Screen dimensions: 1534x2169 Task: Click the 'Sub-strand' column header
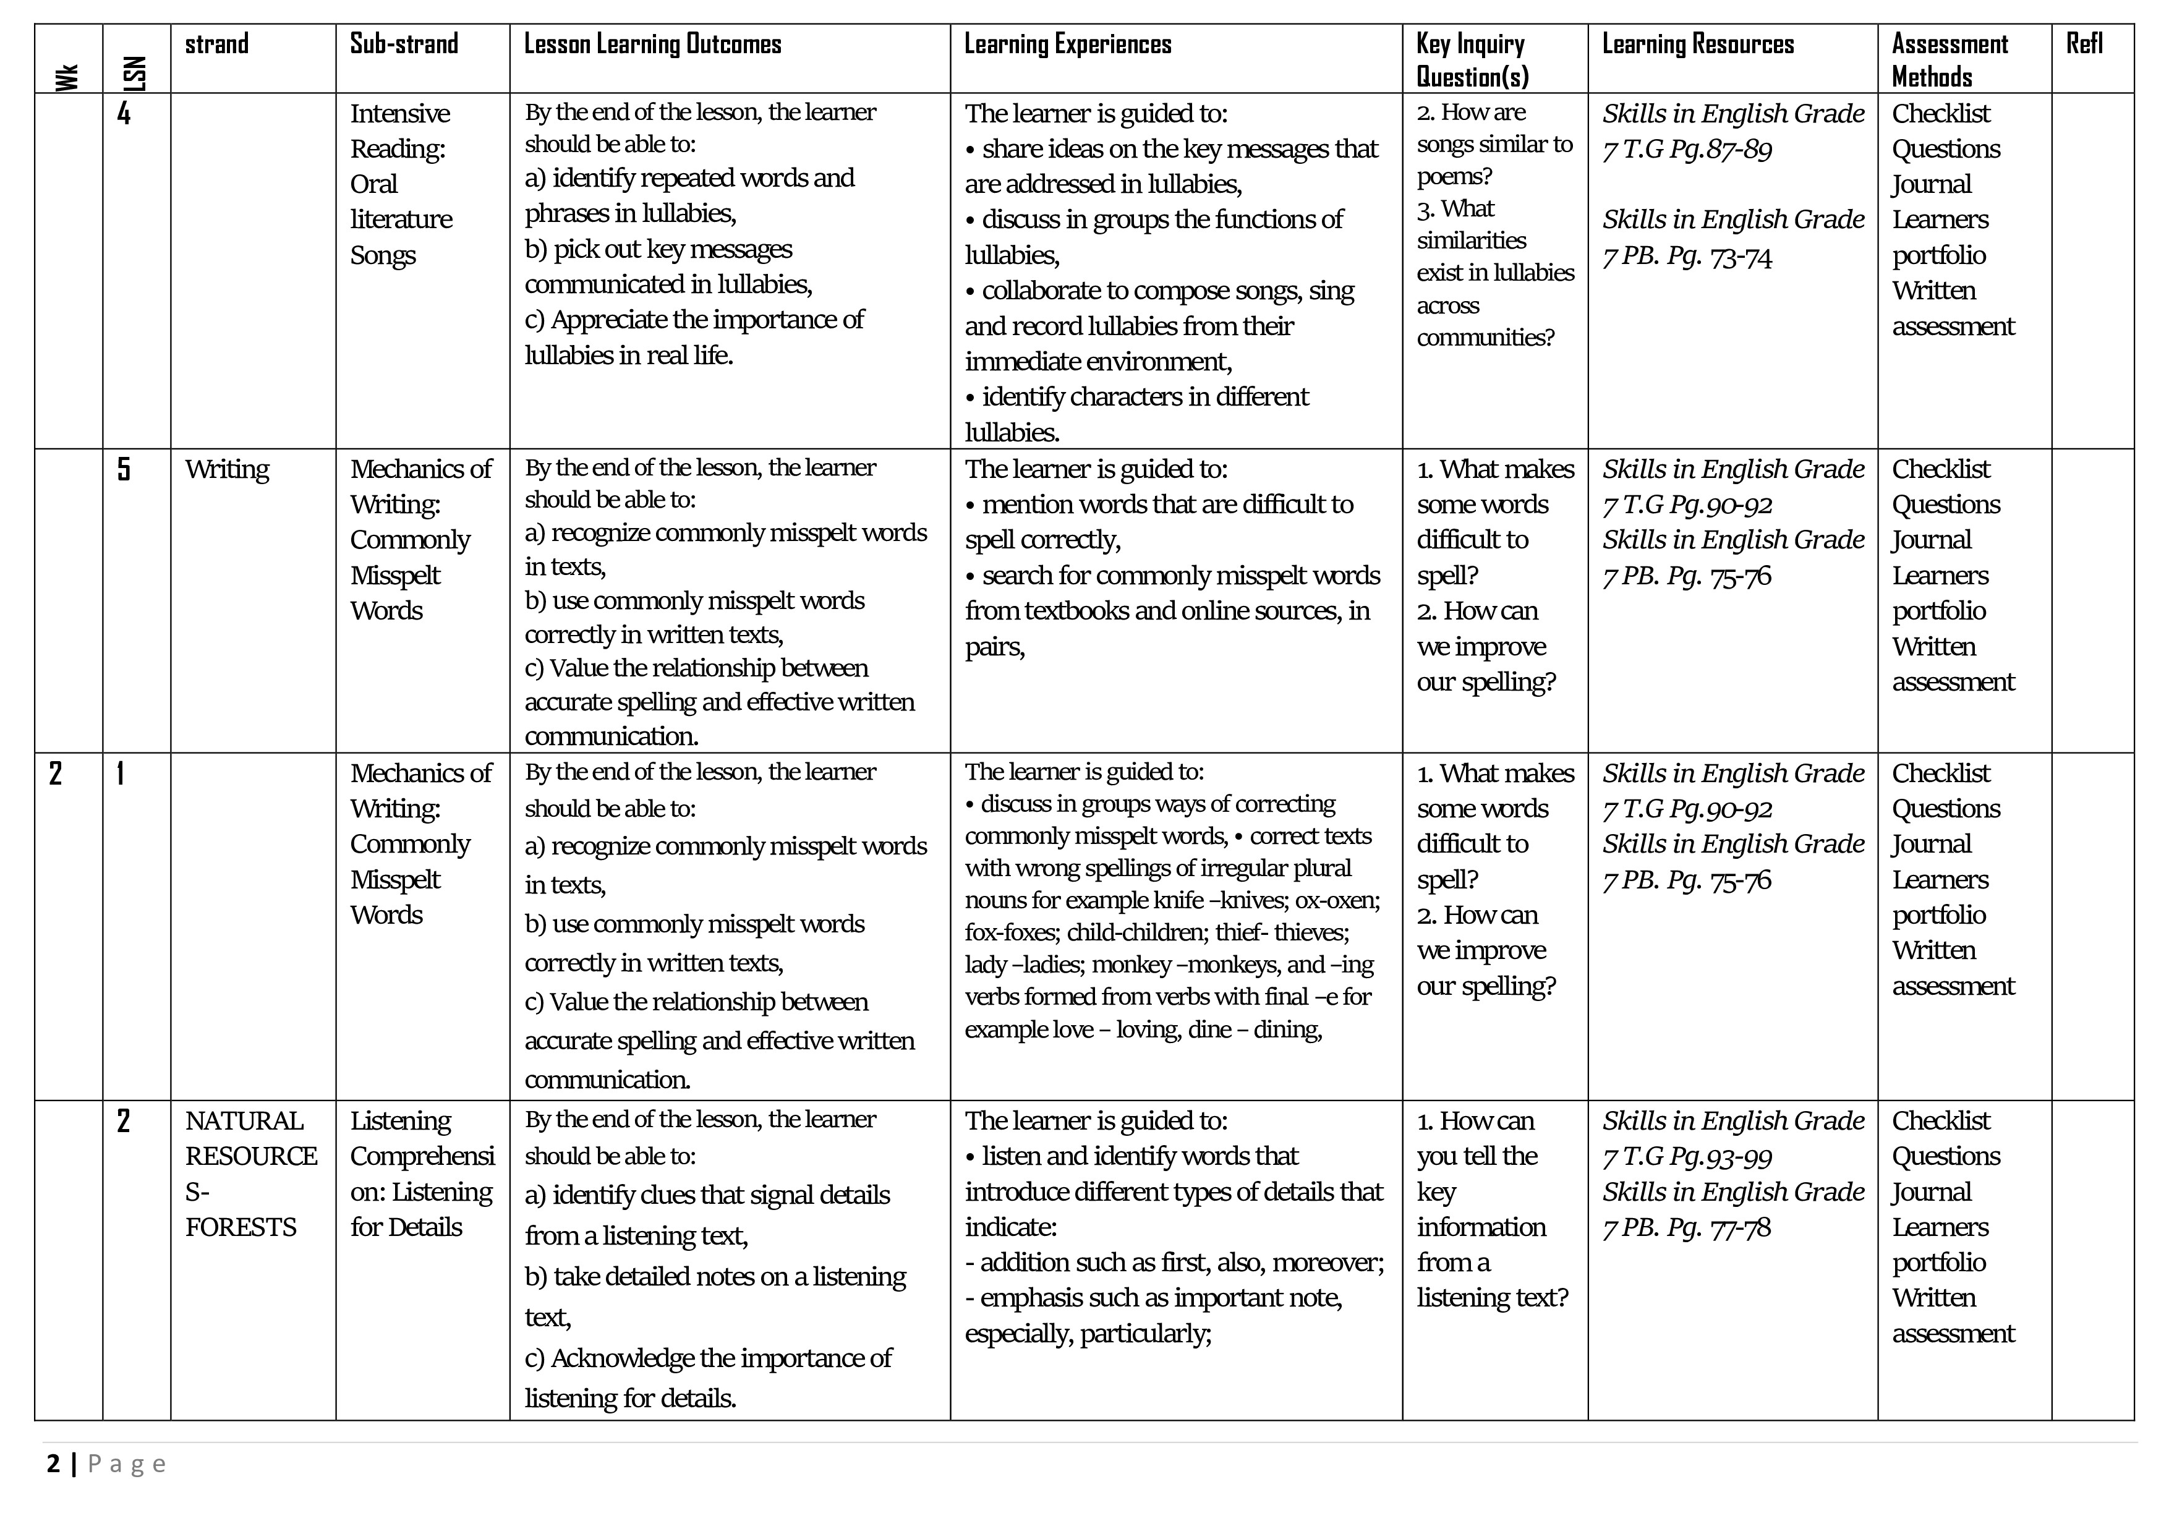pyautogui.click(x=403, y=45)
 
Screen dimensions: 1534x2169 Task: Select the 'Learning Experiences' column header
pyautogui.click(x=1067, y=45)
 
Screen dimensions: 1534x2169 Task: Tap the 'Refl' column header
pyautogui.click(x=2084, y=45)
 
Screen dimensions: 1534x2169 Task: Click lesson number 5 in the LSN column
pyautogui.click(x=124, y=469)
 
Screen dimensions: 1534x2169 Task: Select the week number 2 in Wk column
pyautogui.click(x=56, y=773)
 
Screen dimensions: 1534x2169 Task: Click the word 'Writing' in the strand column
pyautogui.click(x=227, y=469)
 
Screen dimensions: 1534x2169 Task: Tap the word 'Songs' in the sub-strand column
pyautogui.click(x=383, y=255)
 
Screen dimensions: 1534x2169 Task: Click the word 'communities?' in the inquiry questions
pyautogui.click(x=1485, y=337)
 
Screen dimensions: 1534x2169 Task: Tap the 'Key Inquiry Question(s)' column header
pyautogui.click(x=1472, y=59)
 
